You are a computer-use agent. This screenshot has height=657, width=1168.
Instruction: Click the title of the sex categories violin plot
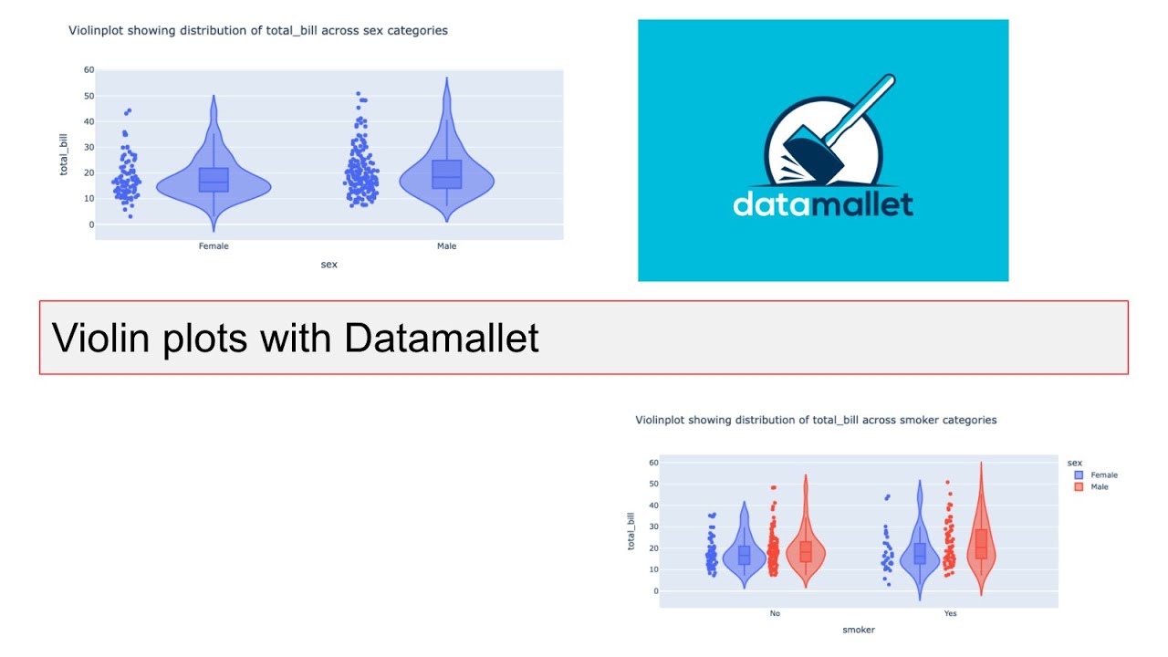pos(258,31)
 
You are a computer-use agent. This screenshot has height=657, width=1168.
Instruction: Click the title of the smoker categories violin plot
pos(816,421)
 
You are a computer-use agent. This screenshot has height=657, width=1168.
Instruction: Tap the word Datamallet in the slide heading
pos(442,339)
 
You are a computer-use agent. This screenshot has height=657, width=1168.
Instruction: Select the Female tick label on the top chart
pos(214,246)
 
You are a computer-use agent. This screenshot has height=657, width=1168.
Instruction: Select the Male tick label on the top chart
pos(446,246)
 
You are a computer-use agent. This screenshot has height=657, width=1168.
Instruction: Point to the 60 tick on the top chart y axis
pos(89,69)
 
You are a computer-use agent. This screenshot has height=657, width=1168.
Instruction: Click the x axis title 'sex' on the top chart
pos(328,265)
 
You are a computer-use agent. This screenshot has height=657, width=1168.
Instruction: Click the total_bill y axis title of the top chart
pos(64,154)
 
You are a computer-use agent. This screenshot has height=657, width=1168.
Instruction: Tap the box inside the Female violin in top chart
pos(214,180)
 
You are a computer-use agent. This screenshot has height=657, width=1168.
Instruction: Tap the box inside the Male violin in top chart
pos(447,174)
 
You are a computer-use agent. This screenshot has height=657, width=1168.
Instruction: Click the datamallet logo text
pos(822,203)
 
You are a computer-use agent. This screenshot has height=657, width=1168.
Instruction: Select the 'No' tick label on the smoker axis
pos(775,613)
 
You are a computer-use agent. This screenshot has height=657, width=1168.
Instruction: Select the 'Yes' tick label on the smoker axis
pos(950,613)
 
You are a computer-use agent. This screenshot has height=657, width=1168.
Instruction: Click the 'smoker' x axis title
pos(858,630)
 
